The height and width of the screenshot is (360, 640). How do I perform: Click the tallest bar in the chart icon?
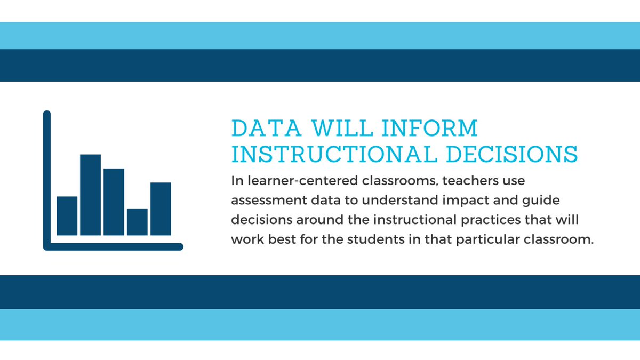pyautogui.click(x=90, y=195)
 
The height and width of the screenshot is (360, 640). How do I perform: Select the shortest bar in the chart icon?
pyautogui.click(x=137, y=222)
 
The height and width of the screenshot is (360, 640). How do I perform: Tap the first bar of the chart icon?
pyautogui.click(x=67, y=215)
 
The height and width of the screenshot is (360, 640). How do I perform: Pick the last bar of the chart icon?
pyautogui.click(x=161, y=209)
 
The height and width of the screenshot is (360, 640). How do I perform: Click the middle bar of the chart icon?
pyautogui.click(x=114, y=202)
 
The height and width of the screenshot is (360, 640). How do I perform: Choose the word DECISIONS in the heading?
pyautogui.click(x=511, y=154)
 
